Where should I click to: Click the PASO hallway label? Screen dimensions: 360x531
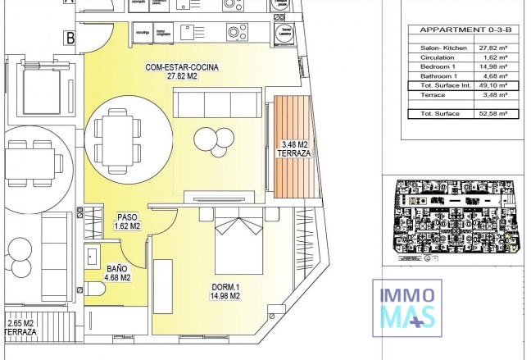(125, 216)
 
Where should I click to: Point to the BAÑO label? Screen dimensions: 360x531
(116, 267)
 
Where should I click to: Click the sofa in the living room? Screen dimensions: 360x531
(217, 104)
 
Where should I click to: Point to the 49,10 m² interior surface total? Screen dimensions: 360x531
(495, 84)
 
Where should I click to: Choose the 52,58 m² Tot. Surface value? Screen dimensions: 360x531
(495, 113)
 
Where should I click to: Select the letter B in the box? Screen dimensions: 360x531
(71, 37)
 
